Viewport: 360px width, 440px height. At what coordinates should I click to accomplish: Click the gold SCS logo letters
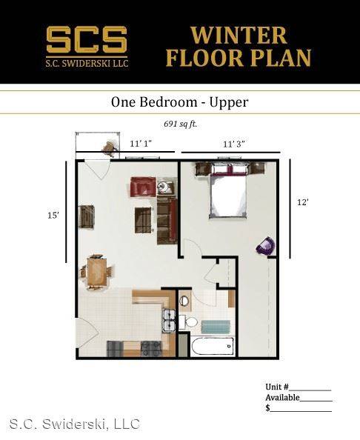coord(87,39)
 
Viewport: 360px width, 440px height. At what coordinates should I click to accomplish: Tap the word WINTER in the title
coord(239,35)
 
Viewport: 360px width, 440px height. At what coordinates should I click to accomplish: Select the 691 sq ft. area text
coord(181,124)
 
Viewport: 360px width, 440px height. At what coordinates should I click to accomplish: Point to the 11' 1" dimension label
coord(141,144)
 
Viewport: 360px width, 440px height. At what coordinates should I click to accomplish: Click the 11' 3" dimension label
coord(234,144)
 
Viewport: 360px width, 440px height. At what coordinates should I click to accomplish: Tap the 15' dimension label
coord(53,216)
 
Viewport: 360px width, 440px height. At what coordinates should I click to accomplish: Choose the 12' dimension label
coord(303,202)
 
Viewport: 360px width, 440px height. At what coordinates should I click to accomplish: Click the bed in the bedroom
coord(228,193)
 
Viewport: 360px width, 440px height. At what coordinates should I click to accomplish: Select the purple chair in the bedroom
coord(265,246)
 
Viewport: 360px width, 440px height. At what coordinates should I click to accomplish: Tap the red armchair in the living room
coord(143,187)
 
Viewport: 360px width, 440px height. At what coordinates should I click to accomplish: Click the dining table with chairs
coord(97,271)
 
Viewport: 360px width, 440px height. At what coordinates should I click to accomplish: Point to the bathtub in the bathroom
coord(213,346)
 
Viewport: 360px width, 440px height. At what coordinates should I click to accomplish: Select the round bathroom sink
coord(184,301)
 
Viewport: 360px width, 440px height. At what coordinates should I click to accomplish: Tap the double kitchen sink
coord(169,321)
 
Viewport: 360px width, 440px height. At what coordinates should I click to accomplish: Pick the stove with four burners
coord(151,349)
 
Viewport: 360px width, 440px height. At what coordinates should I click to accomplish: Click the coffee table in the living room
coord(144,220)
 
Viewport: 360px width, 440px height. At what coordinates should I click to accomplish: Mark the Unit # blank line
coord(310,390)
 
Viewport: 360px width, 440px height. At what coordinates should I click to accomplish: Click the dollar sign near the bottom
coord(267,407)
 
